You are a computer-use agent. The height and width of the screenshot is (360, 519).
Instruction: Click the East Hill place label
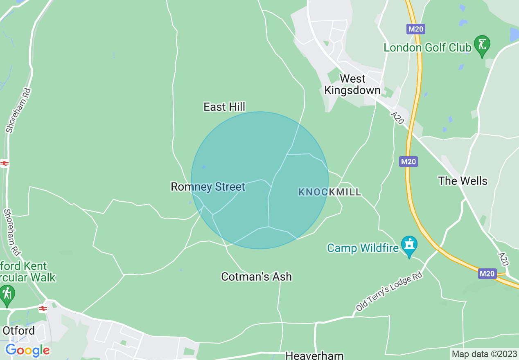click(x=224, y=107)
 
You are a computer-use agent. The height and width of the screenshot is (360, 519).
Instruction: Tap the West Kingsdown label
click(x=352, y=84)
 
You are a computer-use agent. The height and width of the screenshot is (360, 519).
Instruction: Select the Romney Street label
click(x=208, y=187)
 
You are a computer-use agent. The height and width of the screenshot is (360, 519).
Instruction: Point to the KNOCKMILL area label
click(x=329, y=192)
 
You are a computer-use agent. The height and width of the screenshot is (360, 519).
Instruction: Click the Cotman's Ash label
click(x=256, y=277)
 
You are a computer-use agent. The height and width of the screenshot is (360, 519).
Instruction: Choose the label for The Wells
click(x=463, y=181)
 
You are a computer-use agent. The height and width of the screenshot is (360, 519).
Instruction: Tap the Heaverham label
click(x=314, y=355)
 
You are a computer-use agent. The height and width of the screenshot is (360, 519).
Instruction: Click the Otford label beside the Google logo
click(x=18, y=330)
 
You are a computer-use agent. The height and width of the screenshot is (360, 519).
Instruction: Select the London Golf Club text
click(x=427, y=47)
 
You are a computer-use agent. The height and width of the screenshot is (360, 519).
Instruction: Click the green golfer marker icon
click(x=482, y=44)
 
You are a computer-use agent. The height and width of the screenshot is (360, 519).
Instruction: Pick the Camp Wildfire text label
click(x=363, y=248)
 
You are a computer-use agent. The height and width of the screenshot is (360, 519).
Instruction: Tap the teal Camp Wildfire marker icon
click(x=409, y=245)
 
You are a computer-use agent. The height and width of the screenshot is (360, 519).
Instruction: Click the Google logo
click(x=27, y=350)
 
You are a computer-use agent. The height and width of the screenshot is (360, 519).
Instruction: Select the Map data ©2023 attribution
click(x=483, y=354)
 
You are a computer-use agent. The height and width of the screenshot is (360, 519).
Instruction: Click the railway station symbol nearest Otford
click(x=43, y=308)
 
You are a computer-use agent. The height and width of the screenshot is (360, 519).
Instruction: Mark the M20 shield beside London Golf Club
click(x=416, y=29)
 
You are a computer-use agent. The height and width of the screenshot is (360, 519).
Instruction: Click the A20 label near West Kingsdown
click(x=397, y=118)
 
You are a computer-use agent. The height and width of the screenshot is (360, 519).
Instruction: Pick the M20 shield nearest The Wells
click(x=408, y=162)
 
